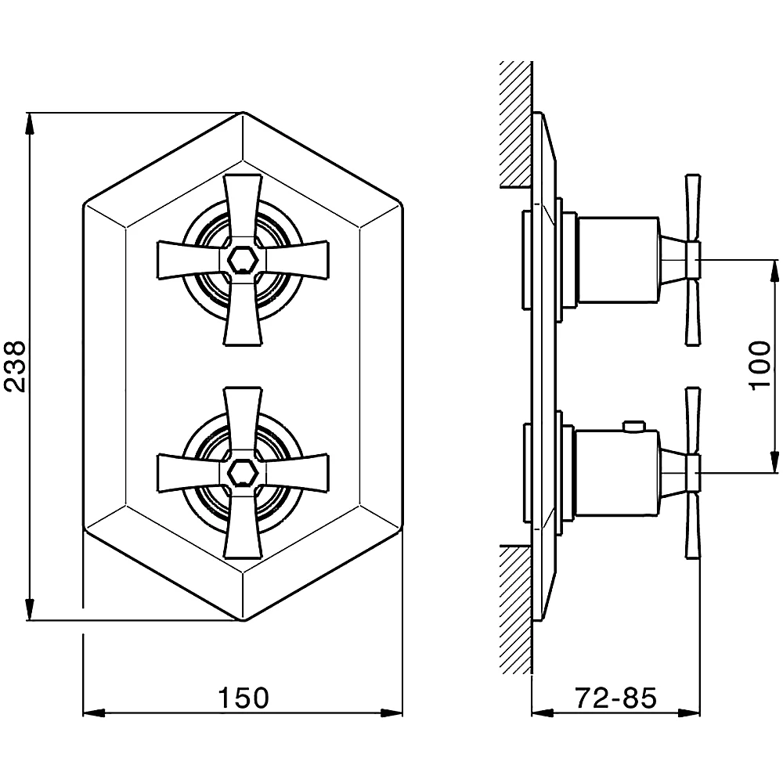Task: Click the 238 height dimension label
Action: [x=14, y=366]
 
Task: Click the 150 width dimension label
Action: [x=244, y=697]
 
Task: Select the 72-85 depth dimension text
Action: [x=615, y=697]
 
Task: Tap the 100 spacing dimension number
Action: [x=760, y=366]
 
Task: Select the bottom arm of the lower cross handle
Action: [x=243, y=525]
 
